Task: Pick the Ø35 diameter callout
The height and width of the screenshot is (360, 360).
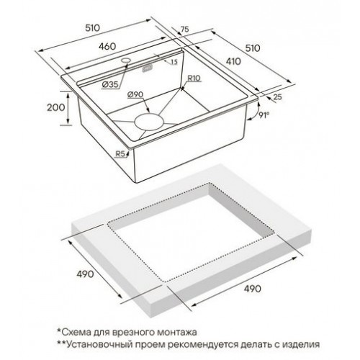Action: pos(109,85)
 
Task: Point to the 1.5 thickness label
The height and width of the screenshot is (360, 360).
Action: pos(174,63)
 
